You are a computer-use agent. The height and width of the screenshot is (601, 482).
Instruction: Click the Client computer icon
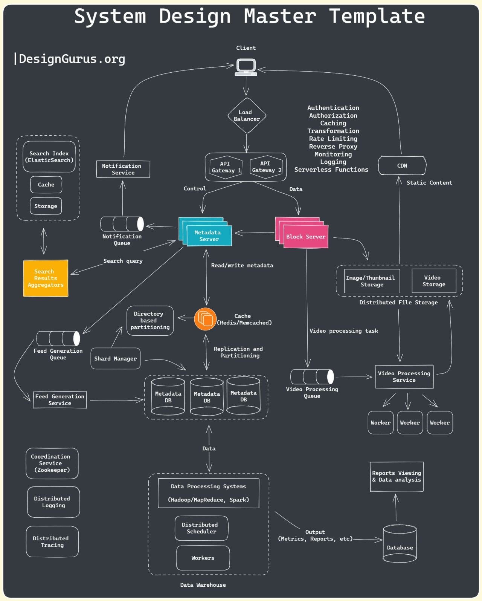tap(246, 67)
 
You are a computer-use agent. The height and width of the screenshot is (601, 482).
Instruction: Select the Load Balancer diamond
tap(247, 116)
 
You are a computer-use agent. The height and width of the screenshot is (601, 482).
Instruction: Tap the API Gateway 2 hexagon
tap(266, 167)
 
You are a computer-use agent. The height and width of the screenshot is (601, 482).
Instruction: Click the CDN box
tap(402, 166)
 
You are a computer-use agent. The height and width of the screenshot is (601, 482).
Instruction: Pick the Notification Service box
tap(123, 169)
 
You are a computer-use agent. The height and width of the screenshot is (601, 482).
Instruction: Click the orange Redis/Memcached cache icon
tap(205, 319)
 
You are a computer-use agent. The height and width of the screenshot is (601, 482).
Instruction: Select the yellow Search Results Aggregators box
tap(46, 278)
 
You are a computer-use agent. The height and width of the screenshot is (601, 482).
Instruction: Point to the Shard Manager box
tap(115, 359)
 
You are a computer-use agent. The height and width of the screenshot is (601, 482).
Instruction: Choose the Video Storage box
tap(434, 281)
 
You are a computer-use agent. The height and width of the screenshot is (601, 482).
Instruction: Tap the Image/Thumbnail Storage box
tap(371, 281)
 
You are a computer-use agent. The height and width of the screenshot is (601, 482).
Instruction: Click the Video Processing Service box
tap(404, 377)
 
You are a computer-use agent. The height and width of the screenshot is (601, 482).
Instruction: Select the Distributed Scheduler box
tap(201, 528)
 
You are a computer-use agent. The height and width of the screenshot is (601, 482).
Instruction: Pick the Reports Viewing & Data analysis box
tap(397, 477)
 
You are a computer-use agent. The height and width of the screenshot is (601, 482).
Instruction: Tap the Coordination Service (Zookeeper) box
tap(52, 463)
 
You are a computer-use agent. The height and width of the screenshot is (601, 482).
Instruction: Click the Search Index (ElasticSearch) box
tap(49, 157)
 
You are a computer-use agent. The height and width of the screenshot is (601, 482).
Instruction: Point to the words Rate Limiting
tap(333, 139)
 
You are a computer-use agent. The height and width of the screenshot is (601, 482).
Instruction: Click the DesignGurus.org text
tap(72, 59)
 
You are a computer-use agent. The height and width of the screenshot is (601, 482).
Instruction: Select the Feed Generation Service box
tap(60, 400)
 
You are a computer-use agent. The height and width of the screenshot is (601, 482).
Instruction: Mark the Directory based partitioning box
tap(150, 321)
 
